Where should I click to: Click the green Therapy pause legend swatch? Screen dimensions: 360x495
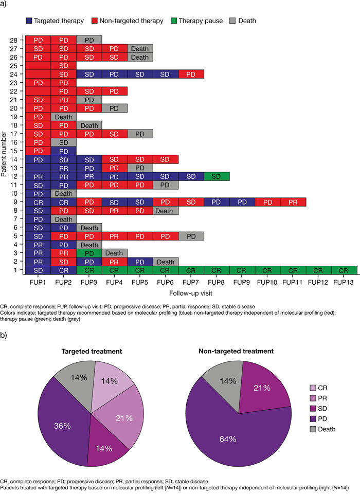[173, 21]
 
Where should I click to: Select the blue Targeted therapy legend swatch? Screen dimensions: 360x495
[29, 21]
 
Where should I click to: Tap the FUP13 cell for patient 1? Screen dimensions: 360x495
[344, 270]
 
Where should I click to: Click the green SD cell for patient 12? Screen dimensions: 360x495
[217, 176]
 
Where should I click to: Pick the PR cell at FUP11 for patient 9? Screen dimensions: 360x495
[293, 202]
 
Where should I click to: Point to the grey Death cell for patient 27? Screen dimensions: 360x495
[140, 49]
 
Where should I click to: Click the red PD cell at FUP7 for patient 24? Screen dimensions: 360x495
[191, 74]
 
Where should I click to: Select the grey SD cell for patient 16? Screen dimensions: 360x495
[63, 142]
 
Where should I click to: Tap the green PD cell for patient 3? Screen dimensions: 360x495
[89, 253]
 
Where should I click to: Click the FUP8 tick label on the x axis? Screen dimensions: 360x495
[217, 282]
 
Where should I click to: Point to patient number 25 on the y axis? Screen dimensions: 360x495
[13, 66]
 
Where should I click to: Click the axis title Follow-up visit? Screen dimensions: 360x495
[191, 294]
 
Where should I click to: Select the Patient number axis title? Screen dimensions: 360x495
[4, 154]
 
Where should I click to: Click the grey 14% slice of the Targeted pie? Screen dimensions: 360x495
[77, 382]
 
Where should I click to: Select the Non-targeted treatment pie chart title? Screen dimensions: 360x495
[236, 351]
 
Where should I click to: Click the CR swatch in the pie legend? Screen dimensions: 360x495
[313, 388]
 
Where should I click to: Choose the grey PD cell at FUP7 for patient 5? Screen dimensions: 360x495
[191, 236]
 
